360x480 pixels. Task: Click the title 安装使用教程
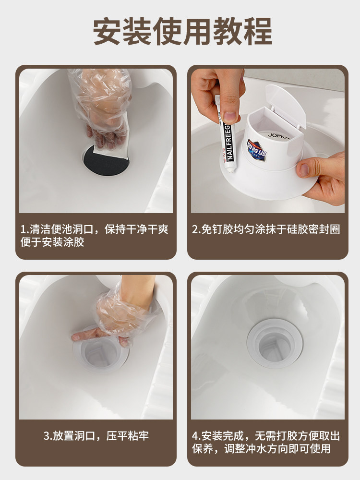(182, 32)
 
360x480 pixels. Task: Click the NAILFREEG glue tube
(227, 133)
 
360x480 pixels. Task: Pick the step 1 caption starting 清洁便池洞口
(94, 235)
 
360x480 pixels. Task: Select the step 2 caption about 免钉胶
(266, 229)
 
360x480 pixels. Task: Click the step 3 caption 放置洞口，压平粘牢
(96, 436)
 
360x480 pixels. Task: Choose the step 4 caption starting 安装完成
(266, 442)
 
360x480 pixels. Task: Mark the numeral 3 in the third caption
(47, 436)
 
